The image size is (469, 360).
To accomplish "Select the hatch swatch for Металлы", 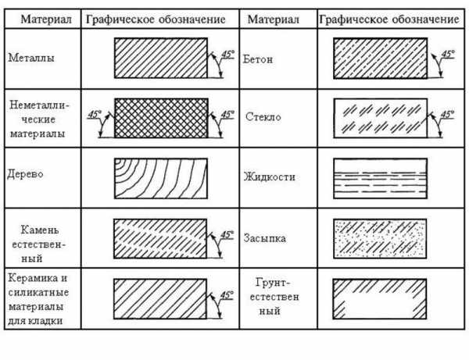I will point(160,57).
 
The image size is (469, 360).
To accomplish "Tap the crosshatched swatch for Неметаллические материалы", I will point(160,118).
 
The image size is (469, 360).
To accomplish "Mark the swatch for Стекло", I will point(380,118).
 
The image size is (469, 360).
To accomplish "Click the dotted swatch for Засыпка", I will point(380,238).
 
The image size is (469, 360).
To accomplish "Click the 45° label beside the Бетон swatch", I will point(447,55).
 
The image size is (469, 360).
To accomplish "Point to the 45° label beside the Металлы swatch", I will point(227,55).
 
